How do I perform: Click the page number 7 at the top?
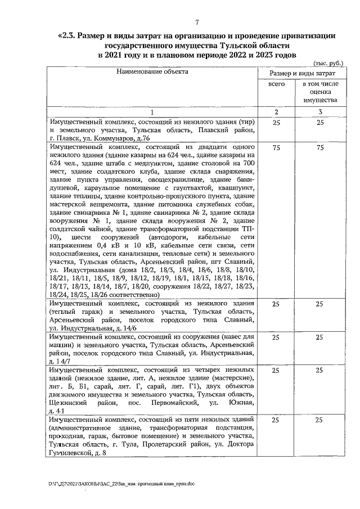click(197, 22)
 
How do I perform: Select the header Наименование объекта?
click(152, 71)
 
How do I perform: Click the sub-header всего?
click(276, 83)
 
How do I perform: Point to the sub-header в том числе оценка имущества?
click(319, 92)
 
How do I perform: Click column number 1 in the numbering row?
click(152, 112)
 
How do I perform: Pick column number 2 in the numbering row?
click(276, 112)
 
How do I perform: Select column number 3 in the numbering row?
click(319, 112)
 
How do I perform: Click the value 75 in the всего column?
click(276, 147)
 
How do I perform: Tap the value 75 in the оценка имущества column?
click(319, 147)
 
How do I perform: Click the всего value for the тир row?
click(276, 122)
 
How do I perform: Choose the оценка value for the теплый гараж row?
click(319, 304)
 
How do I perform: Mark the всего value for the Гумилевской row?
click(276, 420)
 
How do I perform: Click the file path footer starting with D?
click(121, 483)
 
